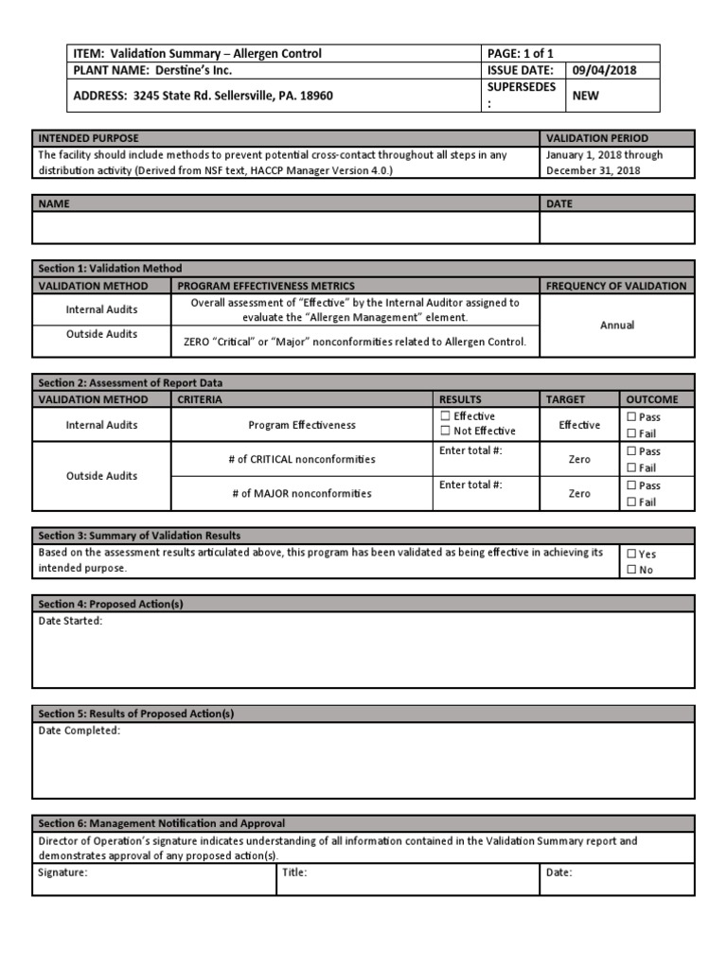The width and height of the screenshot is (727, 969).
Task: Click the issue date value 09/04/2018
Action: point(604,70)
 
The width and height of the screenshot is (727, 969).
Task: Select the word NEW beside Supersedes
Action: point(585,96)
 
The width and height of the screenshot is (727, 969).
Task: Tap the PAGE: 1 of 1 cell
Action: point(521,53)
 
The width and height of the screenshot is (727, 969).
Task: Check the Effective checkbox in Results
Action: point(446,416)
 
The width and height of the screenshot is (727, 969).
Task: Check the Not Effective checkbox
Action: point(446,432)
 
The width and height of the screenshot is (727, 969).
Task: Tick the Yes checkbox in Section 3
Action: point(631,555)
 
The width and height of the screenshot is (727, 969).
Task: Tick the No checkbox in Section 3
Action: point(631,571)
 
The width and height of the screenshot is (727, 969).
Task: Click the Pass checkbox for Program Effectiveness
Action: point(631,417)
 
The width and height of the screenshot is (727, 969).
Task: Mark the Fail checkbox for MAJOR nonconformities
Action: point(631,502)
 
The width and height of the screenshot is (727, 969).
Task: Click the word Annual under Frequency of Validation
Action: point(616,325)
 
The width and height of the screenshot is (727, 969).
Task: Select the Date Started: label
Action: point(70,621)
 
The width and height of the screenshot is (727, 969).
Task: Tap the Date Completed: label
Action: point(79,731)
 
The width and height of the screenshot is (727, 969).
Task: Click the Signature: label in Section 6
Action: point(62,872)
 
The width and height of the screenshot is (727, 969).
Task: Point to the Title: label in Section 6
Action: point(294,872)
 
